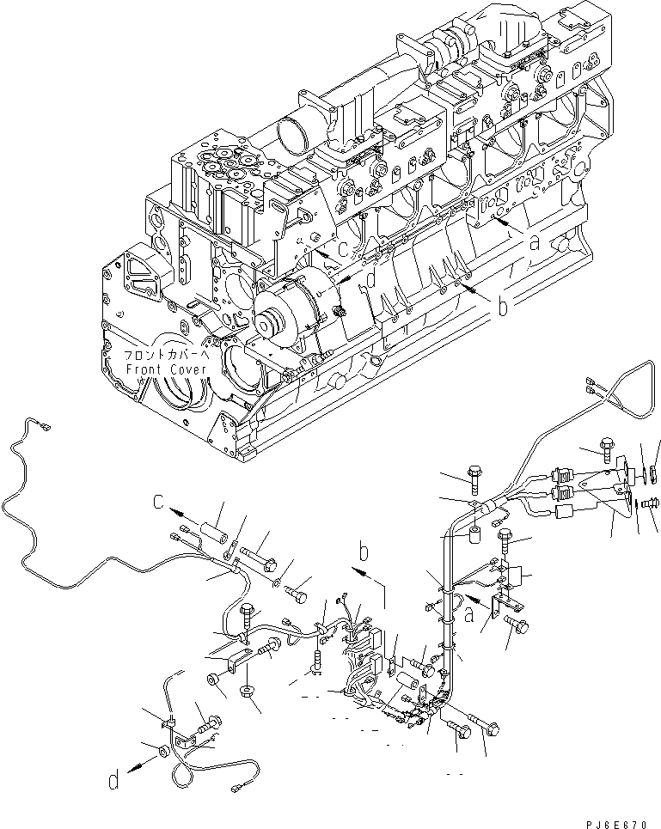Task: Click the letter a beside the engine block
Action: [535, 243]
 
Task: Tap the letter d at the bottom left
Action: [113, 783]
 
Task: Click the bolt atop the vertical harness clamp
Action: [474, 472]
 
